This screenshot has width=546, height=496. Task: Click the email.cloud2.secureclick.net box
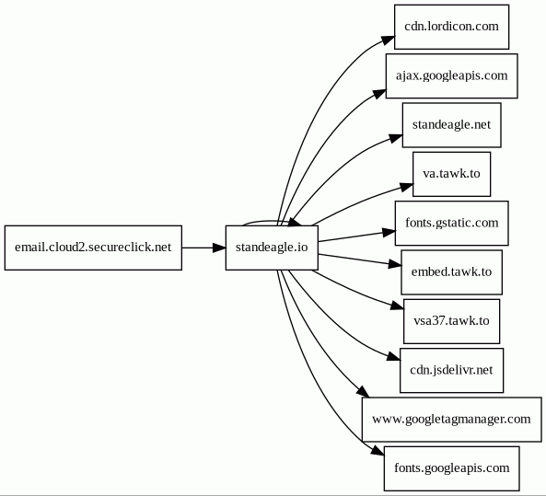[x=93, y=248]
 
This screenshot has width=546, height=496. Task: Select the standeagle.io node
[x=272, y=248]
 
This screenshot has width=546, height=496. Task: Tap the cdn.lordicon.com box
[x=452, y=27]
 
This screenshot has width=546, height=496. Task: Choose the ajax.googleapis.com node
[x=452, y=75]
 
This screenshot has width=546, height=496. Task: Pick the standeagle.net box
[x=452, y=125]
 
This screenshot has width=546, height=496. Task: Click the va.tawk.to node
[x=452, y=174]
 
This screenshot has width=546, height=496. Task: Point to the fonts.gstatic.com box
[x=452, y=223]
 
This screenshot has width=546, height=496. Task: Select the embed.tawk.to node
[x=452, y=272]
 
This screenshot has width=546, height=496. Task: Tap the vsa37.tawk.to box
[x=452, y=321]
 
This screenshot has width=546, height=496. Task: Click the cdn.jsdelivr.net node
[x=452, y=370]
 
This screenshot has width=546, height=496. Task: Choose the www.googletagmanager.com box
[x=452, y=420]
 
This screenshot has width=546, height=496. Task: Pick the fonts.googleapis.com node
[x=452, y=468]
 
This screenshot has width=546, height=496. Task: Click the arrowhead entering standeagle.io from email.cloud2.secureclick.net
[x=219, y=248]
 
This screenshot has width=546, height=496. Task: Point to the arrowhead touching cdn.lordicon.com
[x=389, y=40]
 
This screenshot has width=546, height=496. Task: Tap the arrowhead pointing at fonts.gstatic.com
[x=389, y=232]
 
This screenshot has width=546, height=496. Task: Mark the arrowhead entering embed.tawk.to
[x=395, y=264]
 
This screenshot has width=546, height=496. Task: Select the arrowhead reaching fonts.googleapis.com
[x=378, y=450]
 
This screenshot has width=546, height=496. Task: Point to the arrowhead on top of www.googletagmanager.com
[x=363, y=391]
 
